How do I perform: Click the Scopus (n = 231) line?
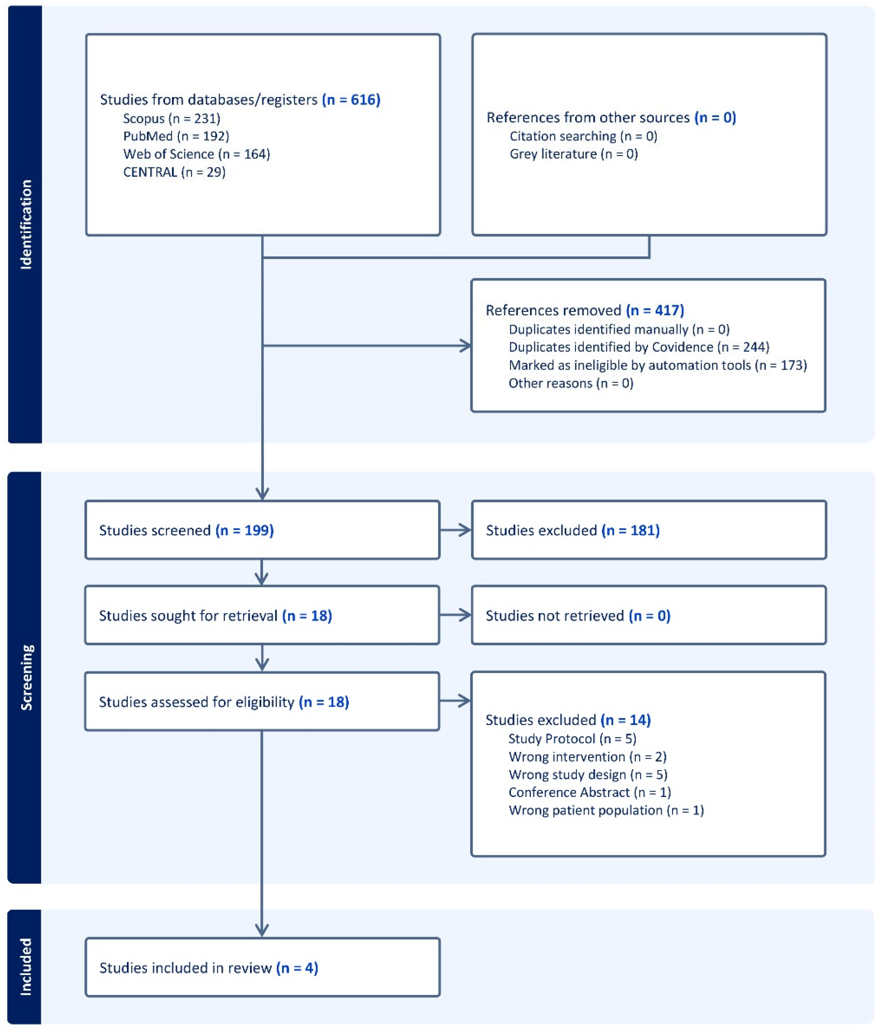(x=171, y=119)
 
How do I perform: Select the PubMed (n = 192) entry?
(x=176, y=136)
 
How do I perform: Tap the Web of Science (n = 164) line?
(x=196, y=154)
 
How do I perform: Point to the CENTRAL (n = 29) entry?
(x=174, y=172)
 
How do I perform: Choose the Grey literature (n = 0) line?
(x=574, y=154)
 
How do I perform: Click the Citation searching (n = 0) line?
(x=583, y=136)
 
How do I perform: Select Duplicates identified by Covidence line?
(x=639, y=347)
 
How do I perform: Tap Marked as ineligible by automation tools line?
(x=658, y=365)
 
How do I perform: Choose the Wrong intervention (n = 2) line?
(x=588, y=757)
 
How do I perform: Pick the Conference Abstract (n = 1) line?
(x=589, y=793)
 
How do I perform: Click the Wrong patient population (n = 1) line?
(x=606, y=810)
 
